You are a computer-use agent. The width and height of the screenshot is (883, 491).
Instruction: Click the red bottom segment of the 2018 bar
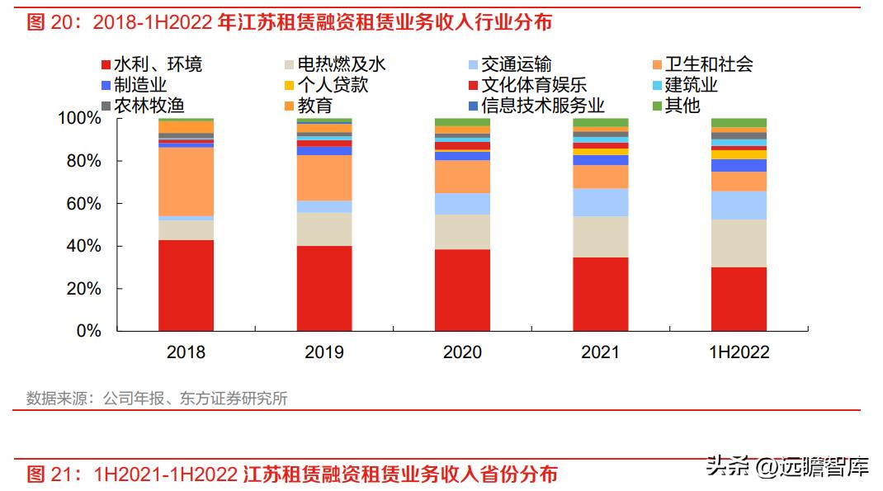coord(186,286)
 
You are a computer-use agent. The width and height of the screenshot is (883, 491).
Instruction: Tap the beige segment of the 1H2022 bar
coord(739,243)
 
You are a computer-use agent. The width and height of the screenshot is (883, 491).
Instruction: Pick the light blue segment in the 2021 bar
coord(601,202)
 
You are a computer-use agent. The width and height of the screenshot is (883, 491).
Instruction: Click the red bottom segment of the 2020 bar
coord(462,290)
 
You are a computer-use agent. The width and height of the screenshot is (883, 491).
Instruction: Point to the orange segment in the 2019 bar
coord(324,177)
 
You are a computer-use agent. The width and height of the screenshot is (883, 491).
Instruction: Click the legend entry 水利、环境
coord(157,64)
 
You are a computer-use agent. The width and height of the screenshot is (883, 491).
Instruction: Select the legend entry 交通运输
coord(517,64)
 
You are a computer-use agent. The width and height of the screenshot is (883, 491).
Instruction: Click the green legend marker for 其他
coord(657,106)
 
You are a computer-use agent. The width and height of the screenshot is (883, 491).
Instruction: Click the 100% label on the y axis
coord(78,118)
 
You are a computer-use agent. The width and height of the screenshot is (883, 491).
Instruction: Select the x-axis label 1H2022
coord(739,352)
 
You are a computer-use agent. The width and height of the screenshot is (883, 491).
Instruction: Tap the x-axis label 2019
coord(324,352)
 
